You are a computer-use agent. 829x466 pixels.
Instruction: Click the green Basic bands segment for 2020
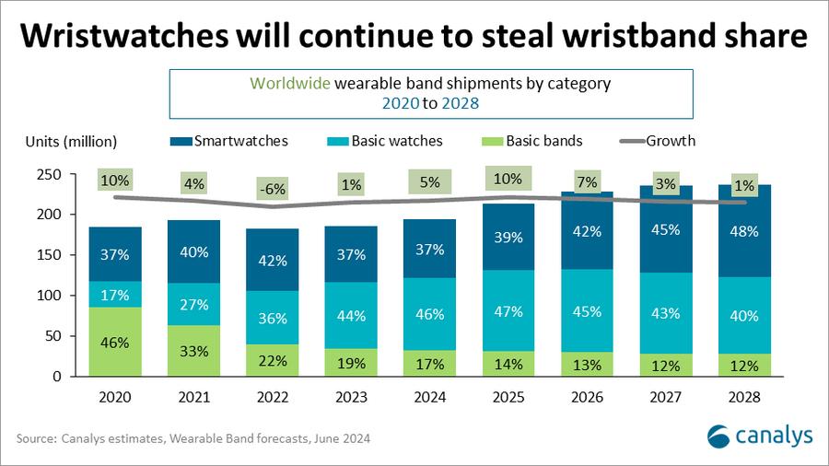point(115,341)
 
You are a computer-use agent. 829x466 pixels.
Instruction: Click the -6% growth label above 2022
point(272,190)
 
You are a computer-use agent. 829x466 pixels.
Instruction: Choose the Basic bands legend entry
point(534,141)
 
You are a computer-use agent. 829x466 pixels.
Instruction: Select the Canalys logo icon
point(719,435)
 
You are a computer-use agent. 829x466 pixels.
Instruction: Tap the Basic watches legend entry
point(382,141)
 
